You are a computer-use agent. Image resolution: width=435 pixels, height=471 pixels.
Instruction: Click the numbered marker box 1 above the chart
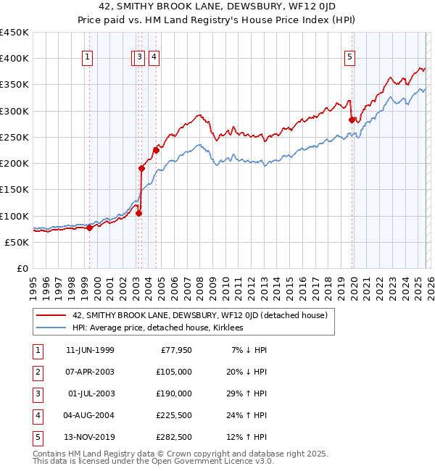(88, 58)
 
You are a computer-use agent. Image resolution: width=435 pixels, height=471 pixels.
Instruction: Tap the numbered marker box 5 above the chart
(349, 58)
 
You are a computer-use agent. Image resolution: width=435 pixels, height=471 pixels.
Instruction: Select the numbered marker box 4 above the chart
(154, 58)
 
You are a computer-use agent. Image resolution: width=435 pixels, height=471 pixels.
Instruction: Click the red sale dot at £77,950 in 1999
(89, 228)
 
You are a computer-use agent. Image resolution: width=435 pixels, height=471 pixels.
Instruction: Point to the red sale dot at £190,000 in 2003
(142, 169)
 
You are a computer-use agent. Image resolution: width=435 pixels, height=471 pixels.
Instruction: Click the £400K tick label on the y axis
(14, 59)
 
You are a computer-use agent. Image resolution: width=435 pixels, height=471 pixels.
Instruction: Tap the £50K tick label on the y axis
(17, 242)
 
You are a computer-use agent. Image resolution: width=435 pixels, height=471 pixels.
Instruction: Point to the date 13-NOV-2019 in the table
(90, 438)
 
